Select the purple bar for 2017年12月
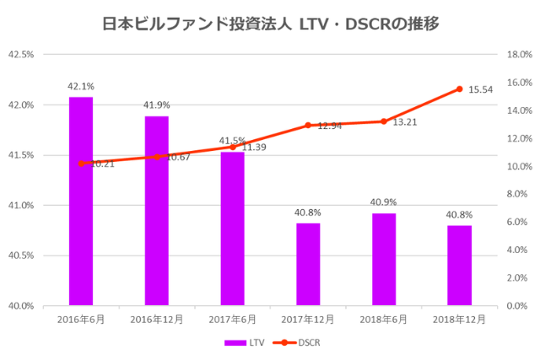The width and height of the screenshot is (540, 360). tap(308, 264)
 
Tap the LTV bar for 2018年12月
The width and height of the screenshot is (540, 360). tap(459, 265)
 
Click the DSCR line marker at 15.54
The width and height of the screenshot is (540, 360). tap(459, 89)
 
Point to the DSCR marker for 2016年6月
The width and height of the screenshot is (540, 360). tap(81, 164)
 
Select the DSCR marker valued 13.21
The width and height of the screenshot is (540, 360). tap(384, 121)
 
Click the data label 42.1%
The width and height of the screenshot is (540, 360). tap(81, 86)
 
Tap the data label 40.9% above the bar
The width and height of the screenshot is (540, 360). tap(384, 202)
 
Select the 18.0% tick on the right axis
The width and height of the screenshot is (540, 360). tap(517, 55)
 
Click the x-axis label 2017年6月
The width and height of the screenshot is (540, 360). tap(232, 320)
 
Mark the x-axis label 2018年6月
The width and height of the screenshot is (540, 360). tap(384, 320)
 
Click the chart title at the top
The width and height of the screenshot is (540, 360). tap(270, 24)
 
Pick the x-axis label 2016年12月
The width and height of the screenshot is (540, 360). tap(157, 320)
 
